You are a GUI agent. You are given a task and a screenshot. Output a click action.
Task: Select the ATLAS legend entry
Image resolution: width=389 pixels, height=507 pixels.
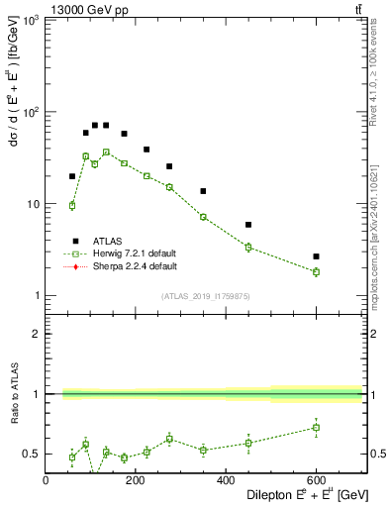(x=108, y=241)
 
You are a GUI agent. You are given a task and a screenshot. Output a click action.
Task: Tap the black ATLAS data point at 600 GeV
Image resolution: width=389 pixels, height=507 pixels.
(x=316, y=256)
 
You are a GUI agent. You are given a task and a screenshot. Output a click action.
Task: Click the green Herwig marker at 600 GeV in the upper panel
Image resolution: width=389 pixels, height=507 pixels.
(x=316, y=271)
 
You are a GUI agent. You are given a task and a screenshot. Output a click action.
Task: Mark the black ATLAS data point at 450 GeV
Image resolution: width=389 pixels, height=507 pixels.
(x=248, y=225)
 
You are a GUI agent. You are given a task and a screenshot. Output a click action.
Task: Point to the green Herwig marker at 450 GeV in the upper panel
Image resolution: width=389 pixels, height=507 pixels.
(x=248, y=247)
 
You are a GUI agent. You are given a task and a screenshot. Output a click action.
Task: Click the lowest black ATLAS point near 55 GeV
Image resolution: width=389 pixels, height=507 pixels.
(x=72, y=176)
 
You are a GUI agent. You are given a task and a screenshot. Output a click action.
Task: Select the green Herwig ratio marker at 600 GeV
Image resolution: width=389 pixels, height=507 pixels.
(x=316, y=428)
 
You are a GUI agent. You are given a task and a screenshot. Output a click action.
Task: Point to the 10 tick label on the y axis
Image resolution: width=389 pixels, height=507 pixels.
(x=34, y=204)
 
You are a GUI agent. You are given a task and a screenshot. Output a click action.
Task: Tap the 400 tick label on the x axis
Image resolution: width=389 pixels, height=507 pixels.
(x=226, y=480)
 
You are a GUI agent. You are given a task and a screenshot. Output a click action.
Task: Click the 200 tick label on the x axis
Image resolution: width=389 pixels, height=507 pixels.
(x=136, y=480)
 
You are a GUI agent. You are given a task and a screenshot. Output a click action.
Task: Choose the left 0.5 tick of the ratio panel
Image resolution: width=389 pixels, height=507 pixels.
(x=33, y=454)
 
